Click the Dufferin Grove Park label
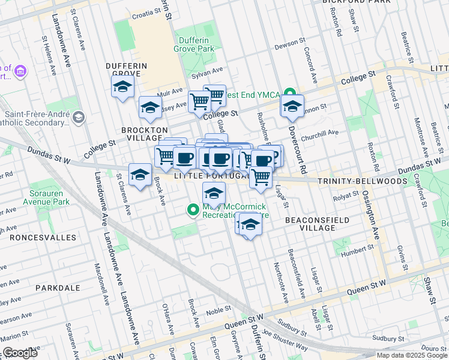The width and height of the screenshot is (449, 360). coord(193,43)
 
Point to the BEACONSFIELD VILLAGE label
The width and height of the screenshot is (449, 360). coord(318,224)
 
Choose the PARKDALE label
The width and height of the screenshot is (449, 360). coord(58,288)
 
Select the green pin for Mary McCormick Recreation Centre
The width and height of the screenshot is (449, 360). coord(193,210)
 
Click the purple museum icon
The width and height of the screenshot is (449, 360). coord(20,72)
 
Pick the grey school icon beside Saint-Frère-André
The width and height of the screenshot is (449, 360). coord(79,118)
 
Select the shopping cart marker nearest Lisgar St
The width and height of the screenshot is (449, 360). coord(261,177)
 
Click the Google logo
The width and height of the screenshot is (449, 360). coord(20,353)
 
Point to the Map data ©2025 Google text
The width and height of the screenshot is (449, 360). coord(411,355)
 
